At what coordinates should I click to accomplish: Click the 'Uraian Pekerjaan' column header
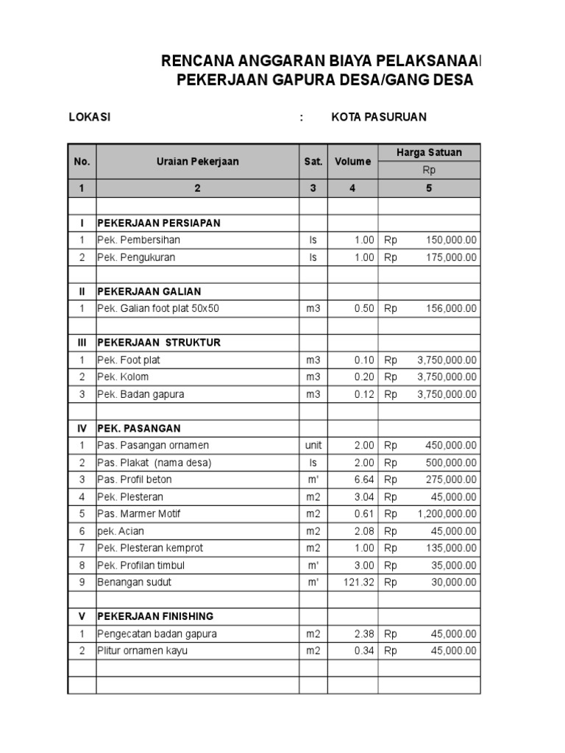pyautogui.click(x=197, y=162)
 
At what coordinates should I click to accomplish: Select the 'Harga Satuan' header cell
pyautogui.click(x=429, y=153)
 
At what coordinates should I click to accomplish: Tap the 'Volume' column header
pyautogui.click(x=352, y=162)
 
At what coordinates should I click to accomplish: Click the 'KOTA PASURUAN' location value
pyautogui.click(x=379, y=117)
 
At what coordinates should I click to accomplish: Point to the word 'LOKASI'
pyautogui.click(x=90, y=117)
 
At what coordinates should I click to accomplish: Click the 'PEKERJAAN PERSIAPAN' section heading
pyautogui.click(x=159, y=223)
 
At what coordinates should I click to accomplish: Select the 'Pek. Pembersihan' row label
pyautogui.click(x=138, y=240)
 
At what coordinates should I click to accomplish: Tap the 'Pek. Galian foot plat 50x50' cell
pyautogui.click(x=158, y=309)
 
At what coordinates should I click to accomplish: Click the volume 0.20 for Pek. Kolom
pyautogui.click(x=364, y=377)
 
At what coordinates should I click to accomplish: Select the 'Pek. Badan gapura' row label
pyautogui.click(x=141, y=394)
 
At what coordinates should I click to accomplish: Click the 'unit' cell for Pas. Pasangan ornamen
pyautogui.click(x=313, y=446)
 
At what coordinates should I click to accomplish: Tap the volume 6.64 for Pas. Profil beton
pyautogui.click(x=364, y=479)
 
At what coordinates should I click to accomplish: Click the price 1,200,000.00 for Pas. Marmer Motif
pyautogui.click(x=447, y=514)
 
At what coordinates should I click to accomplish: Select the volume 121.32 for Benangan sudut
pyautogui.click(x=359, y=582)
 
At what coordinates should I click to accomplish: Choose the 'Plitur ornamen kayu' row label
pyautogui.click(x=142, y=651)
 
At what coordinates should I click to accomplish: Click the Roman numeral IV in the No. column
pyautogui.click(x=82, y=428)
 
